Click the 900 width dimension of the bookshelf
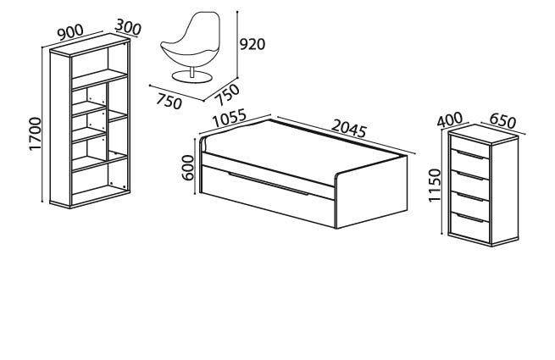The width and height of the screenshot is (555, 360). point(70,32)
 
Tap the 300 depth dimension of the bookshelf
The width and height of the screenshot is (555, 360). point(128,27)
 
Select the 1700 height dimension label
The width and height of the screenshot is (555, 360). point(36,134)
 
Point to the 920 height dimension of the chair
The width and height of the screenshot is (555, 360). point(253,45)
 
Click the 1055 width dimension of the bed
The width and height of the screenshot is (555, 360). point(230,119)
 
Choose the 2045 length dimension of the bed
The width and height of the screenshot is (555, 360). point(349,129)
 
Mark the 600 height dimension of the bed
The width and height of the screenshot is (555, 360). point(188,168)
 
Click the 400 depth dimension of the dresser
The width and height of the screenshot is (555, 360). point(450,119)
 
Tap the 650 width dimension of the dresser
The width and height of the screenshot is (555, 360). point(502,121)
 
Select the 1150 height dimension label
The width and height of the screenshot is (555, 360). point(435,186)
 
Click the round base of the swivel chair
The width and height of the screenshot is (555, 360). point(191,76)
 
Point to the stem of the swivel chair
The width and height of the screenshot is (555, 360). point(191,71)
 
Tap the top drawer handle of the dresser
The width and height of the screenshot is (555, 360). point(470,155)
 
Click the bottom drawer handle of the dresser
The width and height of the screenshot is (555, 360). point(470,218)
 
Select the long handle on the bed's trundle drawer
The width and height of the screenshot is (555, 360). point(269,183)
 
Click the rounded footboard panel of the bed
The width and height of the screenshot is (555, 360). point(370,192)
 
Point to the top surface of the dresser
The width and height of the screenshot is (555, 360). point(483,135)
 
